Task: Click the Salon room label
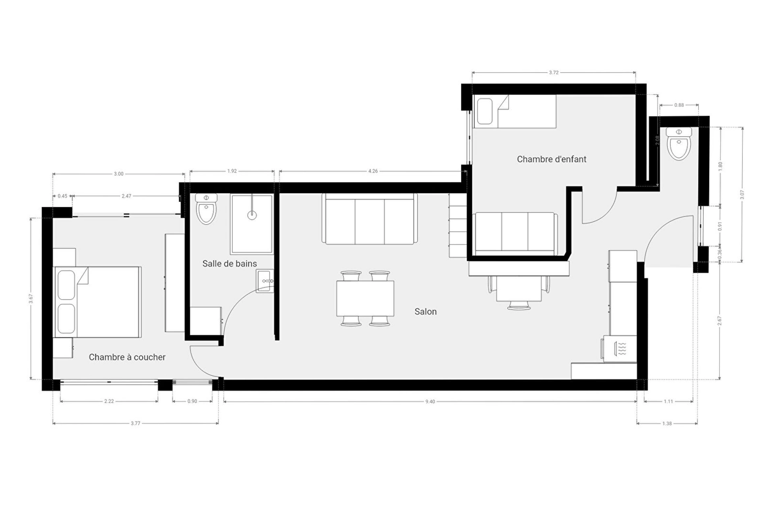pos(426,312)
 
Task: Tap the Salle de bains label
pos(229,264)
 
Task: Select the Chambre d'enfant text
pos(552,159)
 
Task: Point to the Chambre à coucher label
pos(127,357)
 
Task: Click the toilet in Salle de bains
pos(206,208)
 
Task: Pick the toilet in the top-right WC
pos(679,144)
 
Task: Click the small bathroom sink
pos(265,281)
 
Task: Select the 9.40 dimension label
pos(430,402)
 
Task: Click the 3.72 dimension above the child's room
pos(554,73)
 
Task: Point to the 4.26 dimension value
pos(373,171)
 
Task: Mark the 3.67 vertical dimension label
pos(31,299)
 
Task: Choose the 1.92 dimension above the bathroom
pos(232,171)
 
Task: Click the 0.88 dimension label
pos(679,105)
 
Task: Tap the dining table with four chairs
pos(365,298)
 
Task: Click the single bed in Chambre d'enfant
pos(515,111)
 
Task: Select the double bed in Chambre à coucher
pos(97,302)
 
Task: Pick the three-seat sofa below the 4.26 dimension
pos(370,219)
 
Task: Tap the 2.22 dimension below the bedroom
pos(109,402)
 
